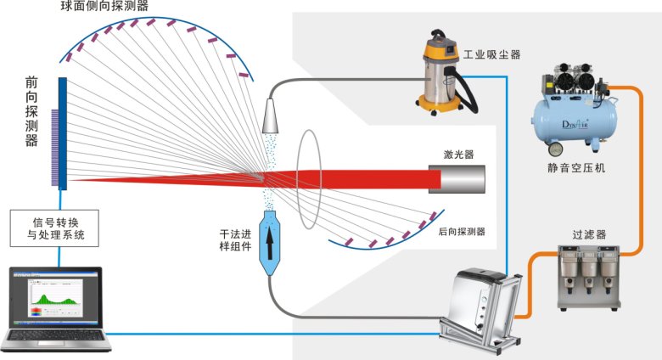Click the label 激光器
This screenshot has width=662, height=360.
[458, 155]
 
